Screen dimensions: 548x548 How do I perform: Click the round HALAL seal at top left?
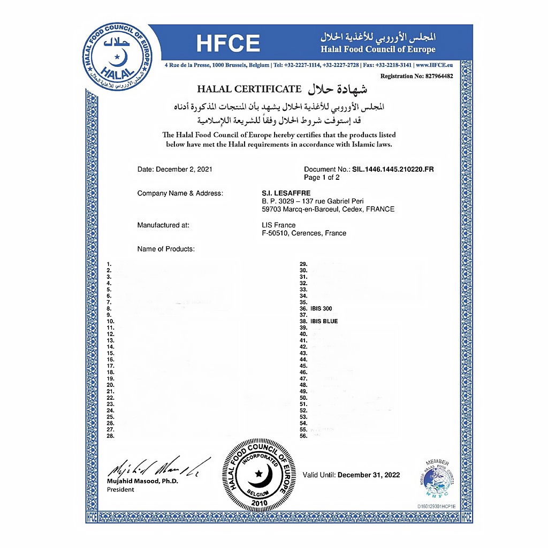coord(117,56)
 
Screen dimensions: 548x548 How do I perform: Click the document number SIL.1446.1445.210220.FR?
coord(393,170)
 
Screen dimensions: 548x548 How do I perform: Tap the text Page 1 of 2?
coord(322,178)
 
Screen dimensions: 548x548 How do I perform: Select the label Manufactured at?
coord(163,225)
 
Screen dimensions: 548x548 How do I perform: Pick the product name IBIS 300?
coord(321,309)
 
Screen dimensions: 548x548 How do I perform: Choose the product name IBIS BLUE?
coord(324,322)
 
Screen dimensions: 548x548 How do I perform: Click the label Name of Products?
coord(166,249)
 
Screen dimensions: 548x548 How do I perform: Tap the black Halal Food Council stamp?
coord(259,474)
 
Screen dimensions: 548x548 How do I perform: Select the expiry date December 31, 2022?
coord(369,475)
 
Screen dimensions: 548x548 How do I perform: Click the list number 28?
coord(111,436)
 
